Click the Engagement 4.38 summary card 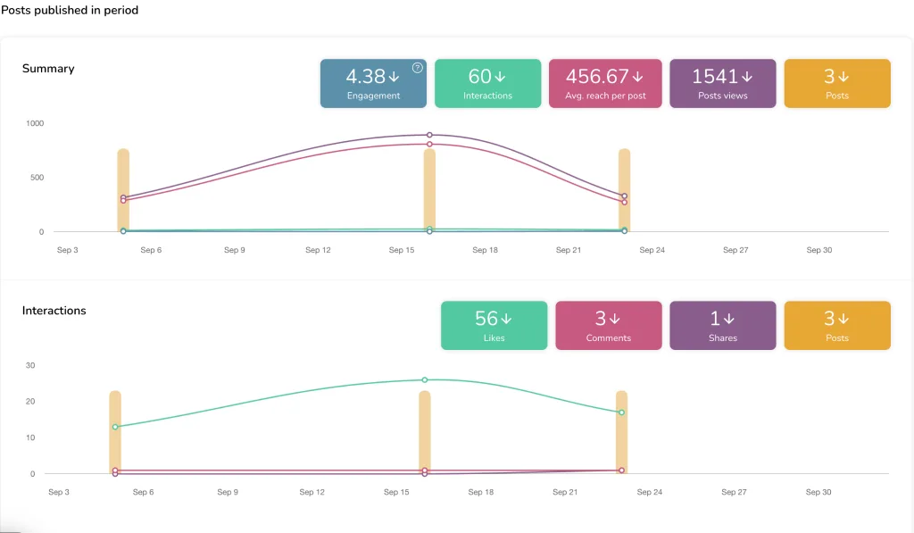point(373,83)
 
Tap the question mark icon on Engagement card point(417,68)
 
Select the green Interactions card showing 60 point(487,83)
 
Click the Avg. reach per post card point(605,83)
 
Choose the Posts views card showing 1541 point(722,83)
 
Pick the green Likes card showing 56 point(494,325)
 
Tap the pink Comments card point(609,325)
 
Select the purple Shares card point(722,325)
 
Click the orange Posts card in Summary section point(836,83)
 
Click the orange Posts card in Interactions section point(836,325)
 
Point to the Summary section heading point(48,69)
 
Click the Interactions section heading point(54,311)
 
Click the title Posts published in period point(70,11)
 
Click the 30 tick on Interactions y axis point(29,365)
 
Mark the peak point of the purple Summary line point(429,135)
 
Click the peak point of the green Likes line point(425,379)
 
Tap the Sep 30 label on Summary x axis point(818,250)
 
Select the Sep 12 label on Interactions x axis point(312,492)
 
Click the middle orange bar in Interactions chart point(425,433)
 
